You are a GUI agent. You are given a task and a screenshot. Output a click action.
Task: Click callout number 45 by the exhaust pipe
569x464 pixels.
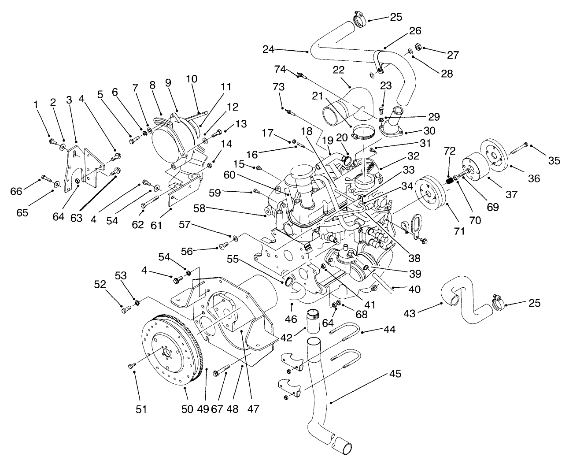395,374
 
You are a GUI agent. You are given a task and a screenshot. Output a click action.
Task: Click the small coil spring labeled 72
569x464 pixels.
450,180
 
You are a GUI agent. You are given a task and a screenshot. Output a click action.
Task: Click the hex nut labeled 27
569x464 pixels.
419,48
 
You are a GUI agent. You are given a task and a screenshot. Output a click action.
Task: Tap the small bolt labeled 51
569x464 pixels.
131,365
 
